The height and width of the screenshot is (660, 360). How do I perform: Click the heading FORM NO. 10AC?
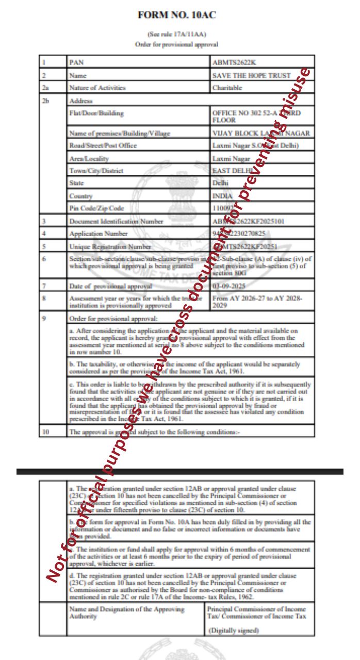coord(176,15)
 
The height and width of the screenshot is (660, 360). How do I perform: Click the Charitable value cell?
coord(227,88)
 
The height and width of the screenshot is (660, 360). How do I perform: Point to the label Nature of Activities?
coord(97,88)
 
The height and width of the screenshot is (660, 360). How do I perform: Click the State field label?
coord(76,183)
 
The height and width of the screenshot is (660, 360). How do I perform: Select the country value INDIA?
coord(222,196)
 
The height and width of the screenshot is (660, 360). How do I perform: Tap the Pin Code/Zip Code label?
coord(96,208)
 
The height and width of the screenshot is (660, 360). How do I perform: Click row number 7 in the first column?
coord(44,285)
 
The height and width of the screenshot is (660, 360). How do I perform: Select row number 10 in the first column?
coord(46,432)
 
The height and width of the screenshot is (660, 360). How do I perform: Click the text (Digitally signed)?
coord(234,630)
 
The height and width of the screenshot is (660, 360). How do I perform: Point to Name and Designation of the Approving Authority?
coord(126,613)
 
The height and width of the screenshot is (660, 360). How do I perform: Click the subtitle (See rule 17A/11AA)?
coord(176,34)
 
